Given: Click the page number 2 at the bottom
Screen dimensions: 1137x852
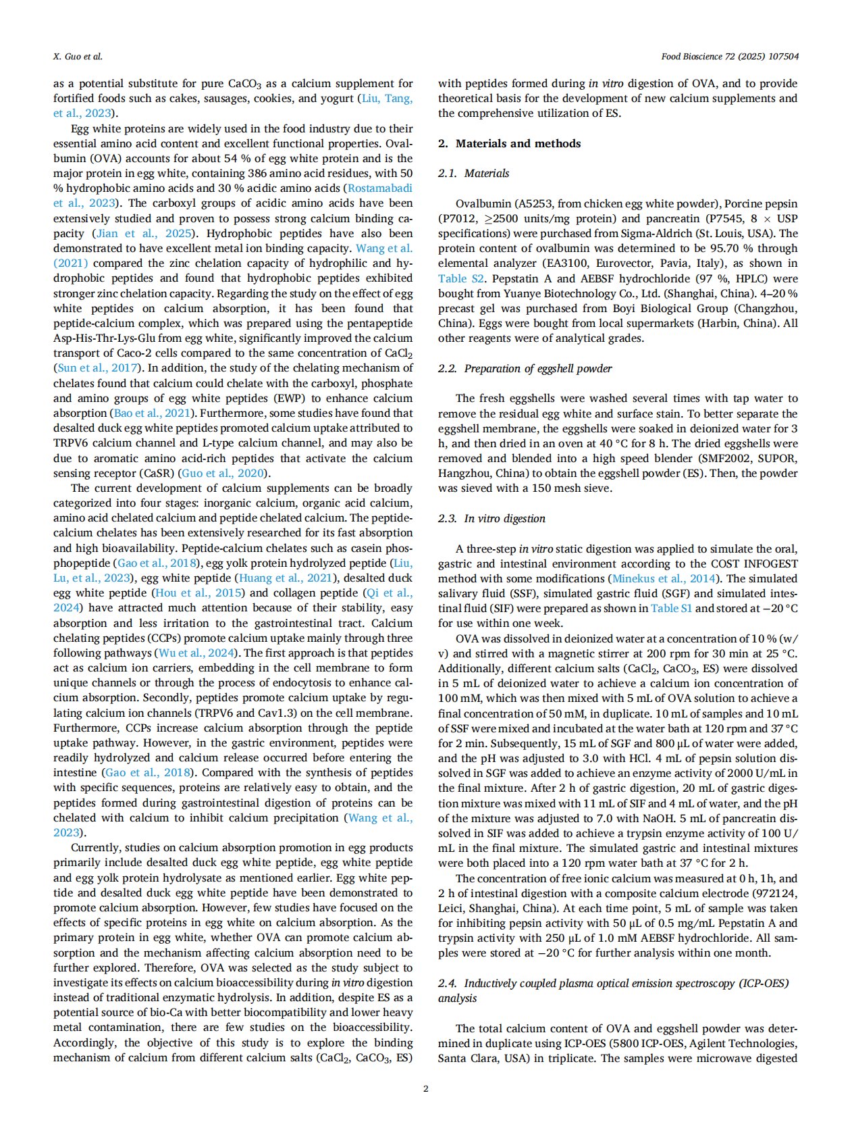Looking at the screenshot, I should tap(425, 1088).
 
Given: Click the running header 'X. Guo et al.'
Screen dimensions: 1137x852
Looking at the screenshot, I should tap(78, 56).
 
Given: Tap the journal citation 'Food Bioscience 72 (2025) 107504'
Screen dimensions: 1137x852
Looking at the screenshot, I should tap(729, 56).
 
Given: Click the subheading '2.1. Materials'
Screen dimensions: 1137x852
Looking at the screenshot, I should tap(473, 173).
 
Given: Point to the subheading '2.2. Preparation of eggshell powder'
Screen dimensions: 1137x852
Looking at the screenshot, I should tap(525, 368).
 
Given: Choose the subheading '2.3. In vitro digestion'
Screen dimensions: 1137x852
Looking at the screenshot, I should tap(491, 518).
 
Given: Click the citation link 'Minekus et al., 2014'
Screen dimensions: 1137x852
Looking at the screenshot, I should tap(664, 578).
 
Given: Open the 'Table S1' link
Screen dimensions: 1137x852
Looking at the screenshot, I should tap(671, 608).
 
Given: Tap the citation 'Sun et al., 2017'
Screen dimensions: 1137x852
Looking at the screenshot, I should tap(98, 368).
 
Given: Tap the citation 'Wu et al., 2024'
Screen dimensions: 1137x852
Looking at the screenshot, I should tap(196, 653).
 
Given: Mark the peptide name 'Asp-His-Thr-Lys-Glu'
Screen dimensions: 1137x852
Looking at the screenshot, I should tap(102, 338).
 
